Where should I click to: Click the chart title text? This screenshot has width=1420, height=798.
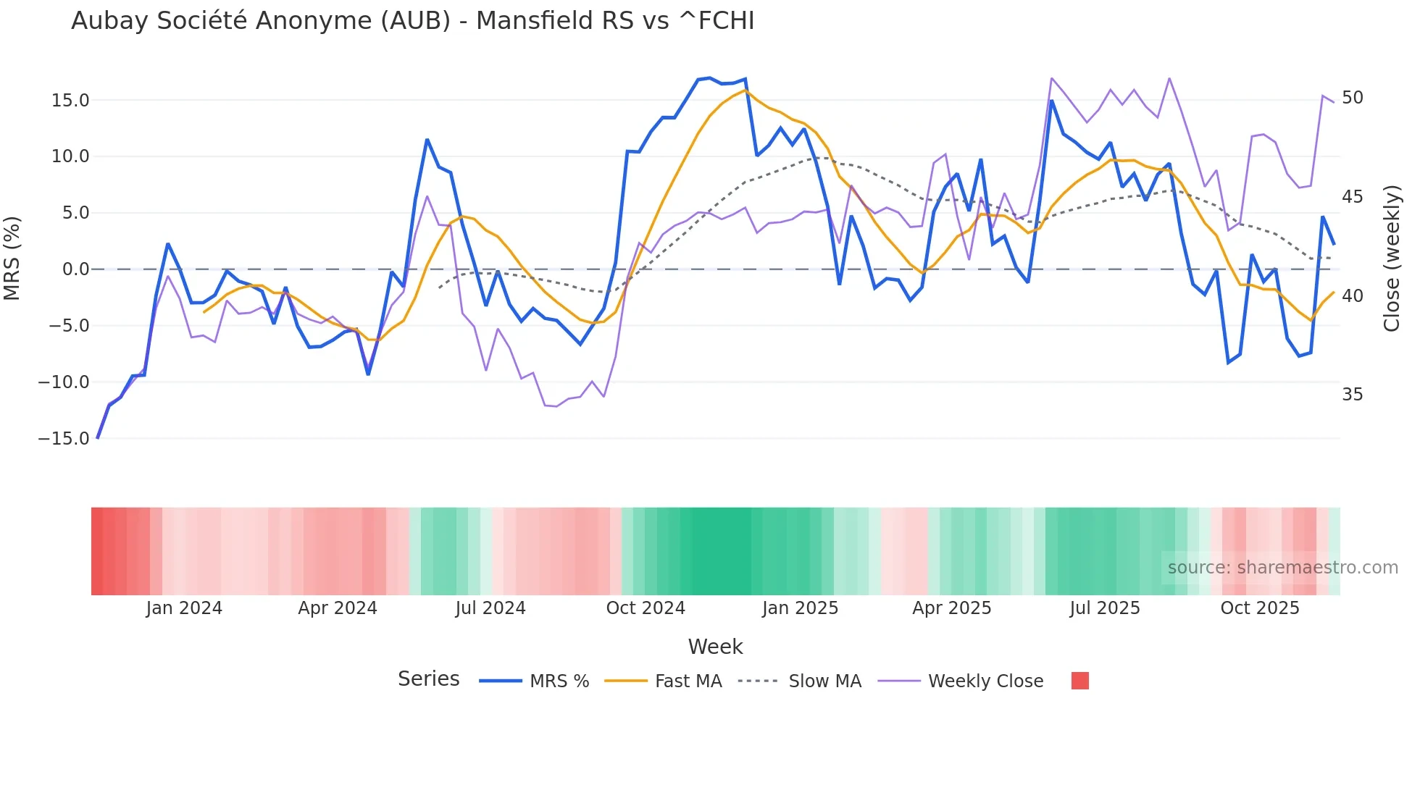pyautogui.click(x=412, y=21)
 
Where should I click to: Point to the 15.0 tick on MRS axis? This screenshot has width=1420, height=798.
pyautogui.click(x=70, y=101)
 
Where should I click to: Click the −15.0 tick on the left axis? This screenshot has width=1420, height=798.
pyautogui.click(x=64, y=439)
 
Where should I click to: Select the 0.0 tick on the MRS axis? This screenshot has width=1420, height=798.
pyautogui.click(x=75, y=269)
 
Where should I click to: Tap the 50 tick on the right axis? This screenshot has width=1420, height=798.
pyautogui.click(x=1352, y=98)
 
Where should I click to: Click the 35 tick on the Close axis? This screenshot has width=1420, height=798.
pyautogui.click(x=1352, y=395)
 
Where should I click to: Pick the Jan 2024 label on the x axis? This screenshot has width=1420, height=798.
pyautogui.click(x=184, y=608)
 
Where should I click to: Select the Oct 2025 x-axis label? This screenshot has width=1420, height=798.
pyautogui.click(x=1260, y=608)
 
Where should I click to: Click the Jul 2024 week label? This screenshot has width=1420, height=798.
pyautogui.click(x=490, y=608)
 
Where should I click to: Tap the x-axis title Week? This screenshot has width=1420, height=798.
pyautogui.click(x=715, y=647)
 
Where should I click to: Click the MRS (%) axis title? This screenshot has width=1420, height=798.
pyautogui.click(x=12, y=258)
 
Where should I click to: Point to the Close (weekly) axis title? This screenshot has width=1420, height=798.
pyautogui.click(x=1391, y=259)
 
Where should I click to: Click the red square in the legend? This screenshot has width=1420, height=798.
pyautogui.click(x=1079, y=681)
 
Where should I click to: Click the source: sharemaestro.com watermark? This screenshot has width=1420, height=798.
pyautogui.click(x=1282, y=568)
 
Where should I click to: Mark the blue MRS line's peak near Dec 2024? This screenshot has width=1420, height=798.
pyautogui.click(x=709, y=78)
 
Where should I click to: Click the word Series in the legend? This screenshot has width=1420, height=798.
pyautogui.click(x=428, y=679)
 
